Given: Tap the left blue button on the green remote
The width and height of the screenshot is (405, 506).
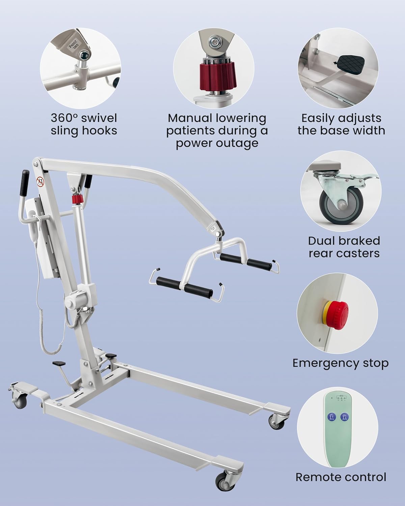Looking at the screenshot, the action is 332,417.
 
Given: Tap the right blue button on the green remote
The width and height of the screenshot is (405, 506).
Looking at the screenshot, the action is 345,417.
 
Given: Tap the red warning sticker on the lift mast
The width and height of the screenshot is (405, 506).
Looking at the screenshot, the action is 40,182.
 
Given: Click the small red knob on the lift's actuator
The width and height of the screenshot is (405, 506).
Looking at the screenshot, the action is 77,200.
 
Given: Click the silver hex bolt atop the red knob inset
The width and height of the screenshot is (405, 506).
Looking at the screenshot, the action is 214,41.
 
